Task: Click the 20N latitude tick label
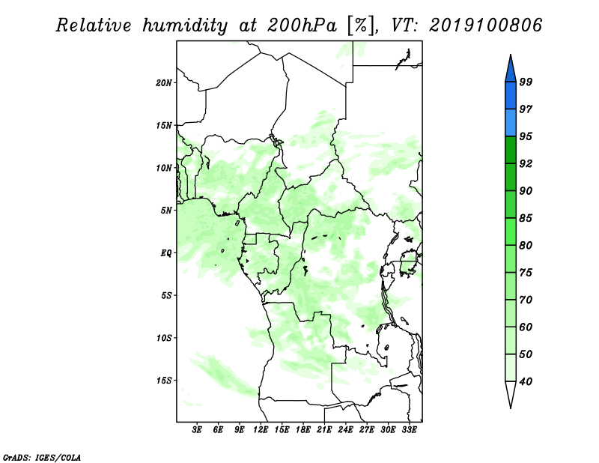(x=163, y=83)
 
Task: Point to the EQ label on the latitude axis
(x=166, y=253)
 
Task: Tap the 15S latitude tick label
(x=164, y=381)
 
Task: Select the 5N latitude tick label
(x=166, y=211)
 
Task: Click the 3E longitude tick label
(x=196, y=430)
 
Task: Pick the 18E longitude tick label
(x=303, y=430)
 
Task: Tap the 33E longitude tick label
(x=409, y=430)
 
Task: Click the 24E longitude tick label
(x=345, y=430)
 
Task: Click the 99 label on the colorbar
(x=526, y=82)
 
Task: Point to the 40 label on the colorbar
(x=526, y=381)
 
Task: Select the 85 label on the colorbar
(x=526, y=218)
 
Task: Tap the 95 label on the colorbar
(x=526, y=136)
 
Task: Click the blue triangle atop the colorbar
(x=511, y=70)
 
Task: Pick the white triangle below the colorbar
(x=511, y=392)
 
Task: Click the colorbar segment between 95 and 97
(x=511, y=123)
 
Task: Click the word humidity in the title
(x=185, y=25)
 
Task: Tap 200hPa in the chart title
(x=302, y=25)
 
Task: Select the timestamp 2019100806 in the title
(x=485, y=25)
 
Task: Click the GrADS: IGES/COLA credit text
(x=42, y=457)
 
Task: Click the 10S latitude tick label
(x=164, y=338)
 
